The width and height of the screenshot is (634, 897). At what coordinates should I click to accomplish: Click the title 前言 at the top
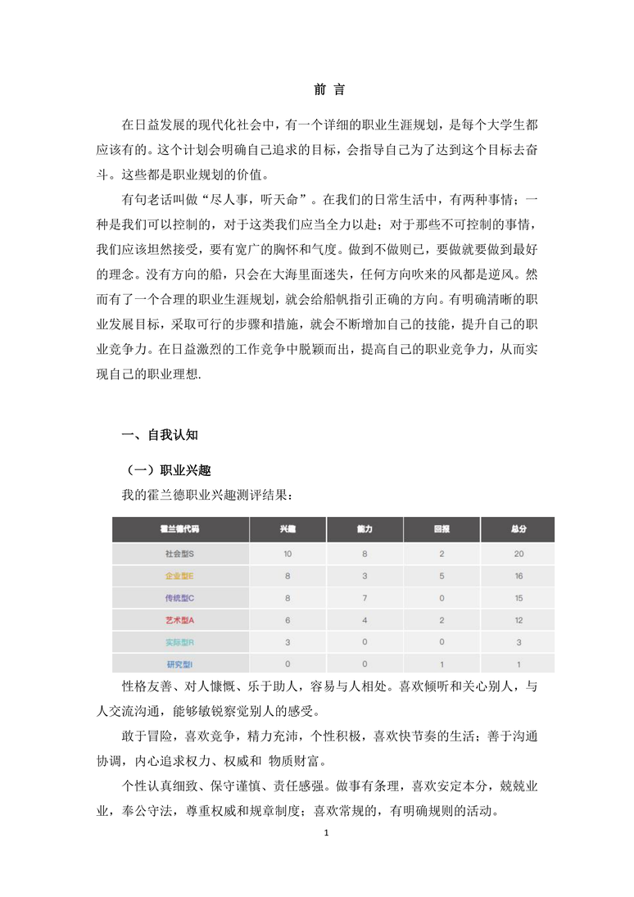(318, 89)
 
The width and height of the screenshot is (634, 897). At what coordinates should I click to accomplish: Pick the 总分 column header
(518, 530)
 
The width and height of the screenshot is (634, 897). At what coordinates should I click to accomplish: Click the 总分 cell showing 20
(518, 554)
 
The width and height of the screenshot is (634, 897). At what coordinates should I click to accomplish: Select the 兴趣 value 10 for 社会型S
(288, 554)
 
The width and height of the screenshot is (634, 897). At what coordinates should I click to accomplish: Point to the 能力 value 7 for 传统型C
(365, 598)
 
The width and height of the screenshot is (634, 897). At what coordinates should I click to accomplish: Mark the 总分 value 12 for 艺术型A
(518, 620)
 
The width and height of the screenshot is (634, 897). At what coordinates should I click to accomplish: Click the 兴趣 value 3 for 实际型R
(288, 642)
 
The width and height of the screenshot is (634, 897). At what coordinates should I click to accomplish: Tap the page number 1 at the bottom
(326, 833)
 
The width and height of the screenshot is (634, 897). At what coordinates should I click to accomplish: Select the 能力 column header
(365, 530)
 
